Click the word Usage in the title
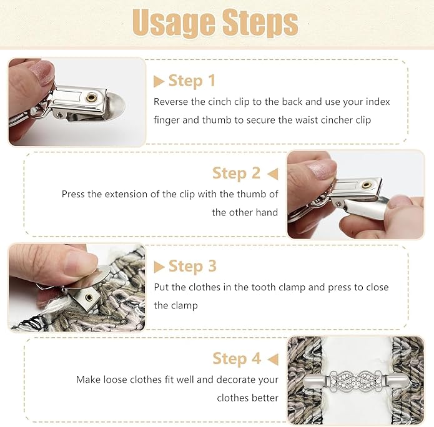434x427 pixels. pos(174,23)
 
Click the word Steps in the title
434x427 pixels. pos(260,22)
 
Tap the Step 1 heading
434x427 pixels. pos(192,81)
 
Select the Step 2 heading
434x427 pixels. pos(237,174)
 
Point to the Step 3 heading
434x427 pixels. pos(192,266)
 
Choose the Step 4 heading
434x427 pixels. pos(237,359)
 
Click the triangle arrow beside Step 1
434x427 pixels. pos(159,82)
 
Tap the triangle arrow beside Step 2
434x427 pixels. pos(273,174)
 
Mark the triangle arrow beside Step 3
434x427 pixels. pos(159,267)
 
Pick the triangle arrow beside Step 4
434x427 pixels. pos(273,359)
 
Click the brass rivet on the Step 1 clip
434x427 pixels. pos(91,97)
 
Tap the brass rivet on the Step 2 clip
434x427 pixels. pos(367,185)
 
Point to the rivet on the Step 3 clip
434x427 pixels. pos(89,298)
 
